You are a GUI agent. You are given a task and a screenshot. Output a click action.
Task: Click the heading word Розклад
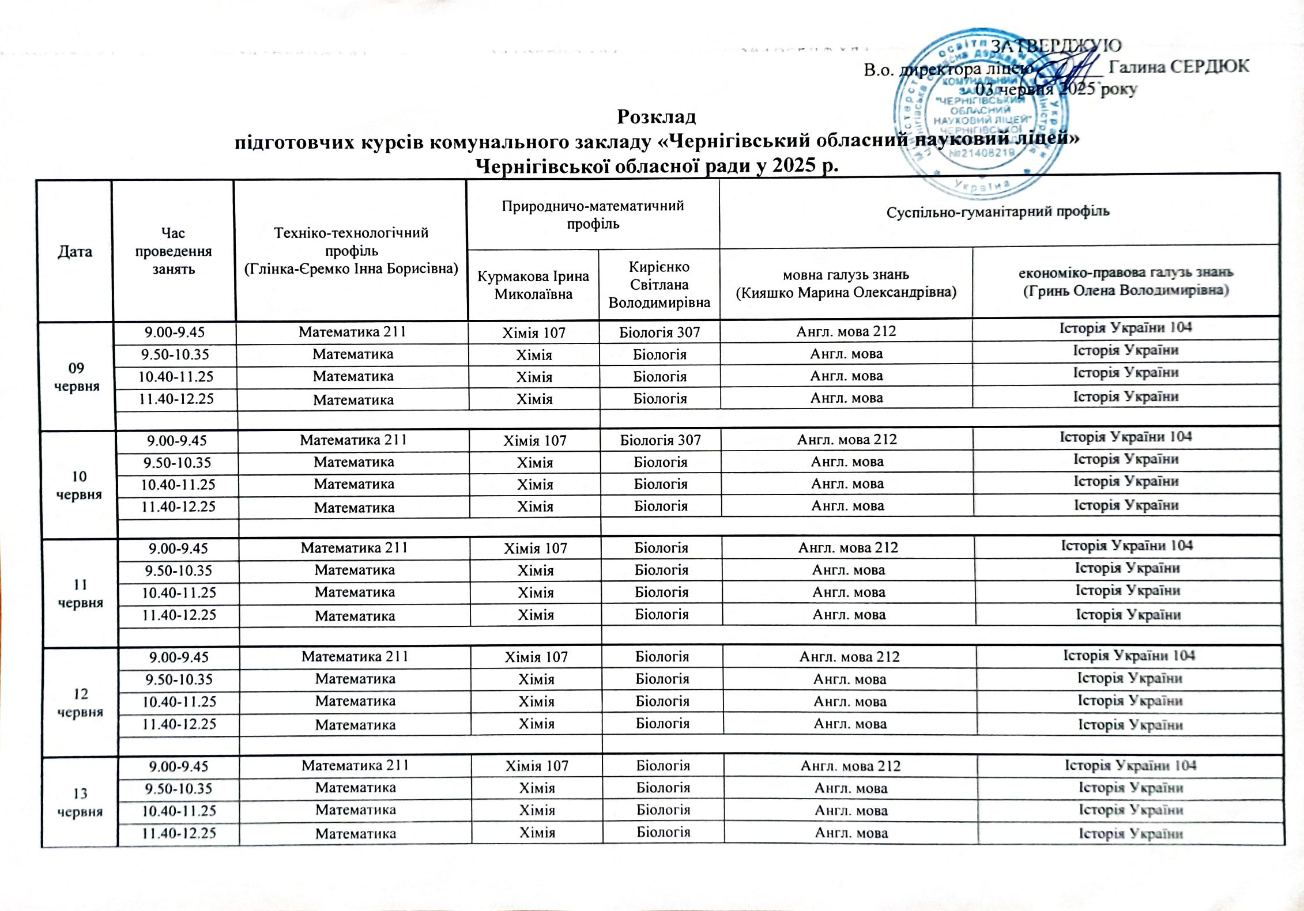pos(656,117)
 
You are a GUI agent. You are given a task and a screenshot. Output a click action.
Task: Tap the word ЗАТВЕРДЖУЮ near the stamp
pos(1056,46)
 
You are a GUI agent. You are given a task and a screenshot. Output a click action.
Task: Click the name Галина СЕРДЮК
pos(1179,67)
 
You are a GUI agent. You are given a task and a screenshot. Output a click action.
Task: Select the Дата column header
pos(75,251)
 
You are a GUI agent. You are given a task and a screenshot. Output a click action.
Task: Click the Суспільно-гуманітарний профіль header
pos(998,211)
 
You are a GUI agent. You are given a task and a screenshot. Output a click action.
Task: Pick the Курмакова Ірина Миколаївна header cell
pos(533,285)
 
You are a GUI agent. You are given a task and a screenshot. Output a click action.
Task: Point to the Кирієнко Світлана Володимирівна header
pos(659,285)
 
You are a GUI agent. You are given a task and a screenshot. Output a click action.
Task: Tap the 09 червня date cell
pos(76,377)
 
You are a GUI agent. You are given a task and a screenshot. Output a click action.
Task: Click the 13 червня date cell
pos(80,802)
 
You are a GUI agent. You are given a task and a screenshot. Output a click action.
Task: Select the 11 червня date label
pos(80,594)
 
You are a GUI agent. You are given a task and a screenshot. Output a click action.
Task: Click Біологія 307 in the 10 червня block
pos(660,440)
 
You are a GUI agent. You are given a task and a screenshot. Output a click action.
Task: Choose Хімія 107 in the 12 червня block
pos(536,657)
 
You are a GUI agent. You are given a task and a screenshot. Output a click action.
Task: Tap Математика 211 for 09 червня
pos(352,332)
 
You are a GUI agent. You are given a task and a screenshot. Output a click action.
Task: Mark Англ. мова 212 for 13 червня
pos(850,766)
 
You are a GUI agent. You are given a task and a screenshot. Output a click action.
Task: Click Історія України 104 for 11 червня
pos(1127,546)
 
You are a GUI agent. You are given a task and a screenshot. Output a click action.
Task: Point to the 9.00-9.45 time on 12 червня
pos(178,657)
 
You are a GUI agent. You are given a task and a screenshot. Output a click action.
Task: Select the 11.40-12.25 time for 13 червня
pos(179,833)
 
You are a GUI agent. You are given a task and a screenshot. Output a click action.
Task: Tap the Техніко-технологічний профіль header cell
pos(351,251)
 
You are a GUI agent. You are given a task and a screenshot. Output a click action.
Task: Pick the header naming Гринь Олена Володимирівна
pos(1126,281)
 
